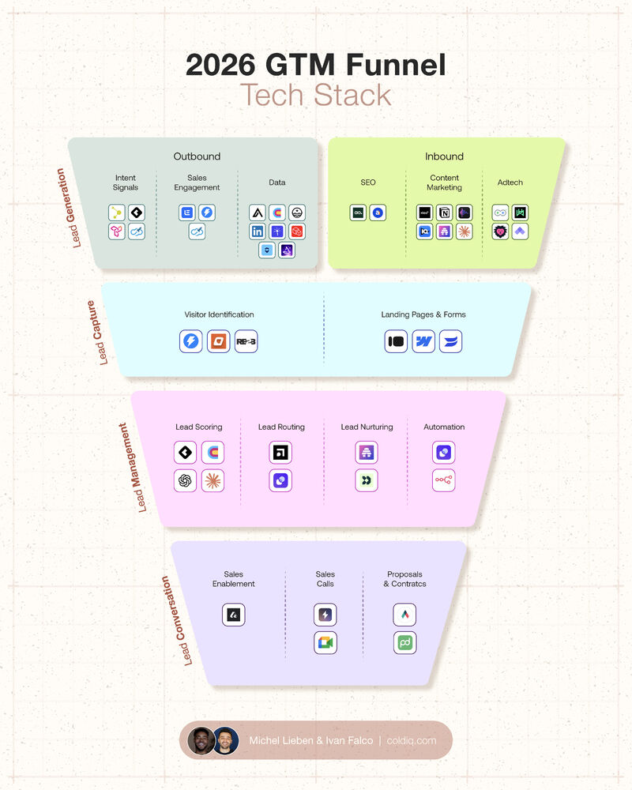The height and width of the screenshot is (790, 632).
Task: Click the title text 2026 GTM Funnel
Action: [x=316, y=65]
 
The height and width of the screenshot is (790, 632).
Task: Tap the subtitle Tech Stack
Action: [x=316, y=95]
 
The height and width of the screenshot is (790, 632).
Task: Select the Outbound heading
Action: [x=197, y=156]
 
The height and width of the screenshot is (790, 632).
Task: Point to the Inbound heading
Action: [x=444, y=156]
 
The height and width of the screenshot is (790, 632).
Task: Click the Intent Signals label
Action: [x=126, y=182]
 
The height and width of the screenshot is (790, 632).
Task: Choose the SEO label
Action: [x=368, y=182]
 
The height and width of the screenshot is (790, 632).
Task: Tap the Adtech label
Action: [x=510, y=182]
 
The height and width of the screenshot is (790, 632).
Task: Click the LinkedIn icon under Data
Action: [x=258, y=231]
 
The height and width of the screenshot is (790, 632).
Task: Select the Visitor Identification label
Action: [x=220, y=314]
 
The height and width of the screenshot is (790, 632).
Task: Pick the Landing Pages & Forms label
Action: [x=423, y=314]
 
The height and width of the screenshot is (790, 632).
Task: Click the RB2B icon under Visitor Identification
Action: [x=246, y=342]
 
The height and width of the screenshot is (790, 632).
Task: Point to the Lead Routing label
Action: [x=281, y=427]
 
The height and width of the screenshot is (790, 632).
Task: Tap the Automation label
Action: [x=444, y=427]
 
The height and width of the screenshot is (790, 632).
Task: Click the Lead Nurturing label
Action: [x=367, y=427]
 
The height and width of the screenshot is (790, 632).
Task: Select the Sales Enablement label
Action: [x=234, y=579]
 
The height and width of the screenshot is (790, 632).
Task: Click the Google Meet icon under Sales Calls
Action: [x=325, y=642]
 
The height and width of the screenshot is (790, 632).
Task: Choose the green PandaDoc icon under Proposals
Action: [x=404, y=642]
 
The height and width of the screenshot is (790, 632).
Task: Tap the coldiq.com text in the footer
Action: [x=412, y=740]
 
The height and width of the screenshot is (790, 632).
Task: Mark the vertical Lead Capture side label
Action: [x=103, y=332]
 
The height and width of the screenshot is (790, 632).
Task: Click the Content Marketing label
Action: [x=444, y=182]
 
